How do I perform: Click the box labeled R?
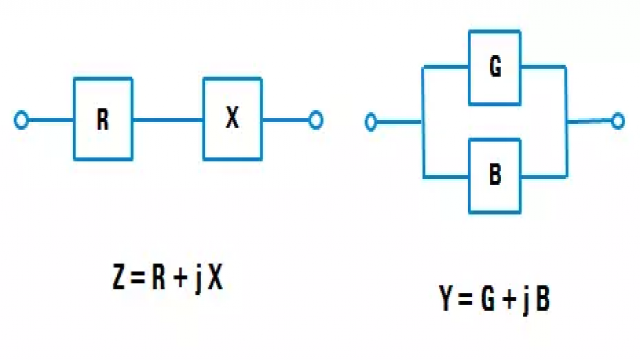click(102, 120)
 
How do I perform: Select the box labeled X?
click(232, 119)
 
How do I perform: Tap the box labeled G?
click(495, 68)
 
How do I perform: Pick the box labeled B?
click(495, 174)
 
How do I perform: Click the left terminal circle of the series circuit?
click(21, 121)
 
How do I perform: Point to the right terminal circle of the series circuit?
click(315, 121)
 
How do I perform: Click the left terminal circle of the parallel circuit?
click(371, 122)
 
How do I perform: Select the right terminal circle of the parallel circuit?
click(618, 121)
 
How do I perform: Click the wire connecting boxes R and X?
click(167, 121)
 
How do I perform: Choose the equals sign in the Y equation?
click(463, 298)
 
